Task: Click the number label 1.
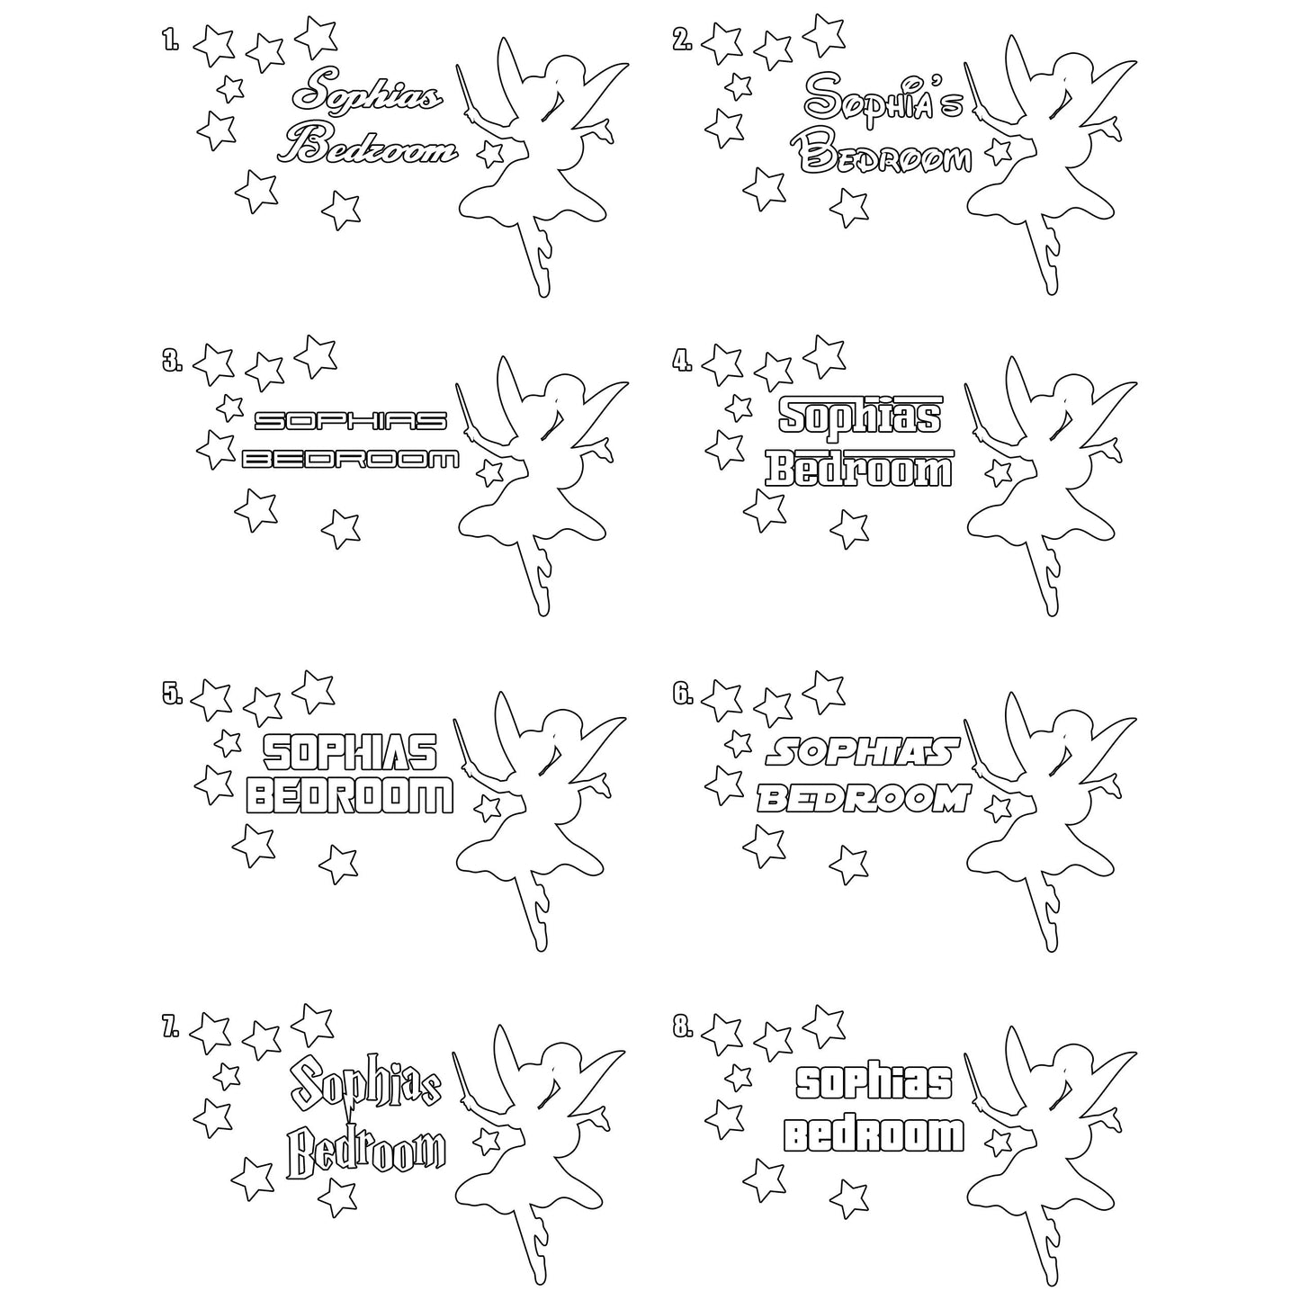point(170,39)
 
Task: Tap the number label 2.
point(682,39)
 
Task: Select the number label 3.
point(172,361)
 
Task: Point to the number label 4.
point(682,361)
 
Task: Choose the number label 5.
point(172,693)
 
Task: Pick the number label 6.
point(682,693)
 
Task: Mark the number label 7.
point(170,1027)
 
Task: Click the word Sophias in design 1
point(369,93)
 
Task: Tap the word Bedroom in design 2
point(885,156)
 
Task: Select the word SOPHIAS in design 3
point(350,420)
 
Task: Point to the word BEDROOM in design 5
point(349,796)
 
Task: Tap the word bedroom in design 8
point(873,1135)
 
